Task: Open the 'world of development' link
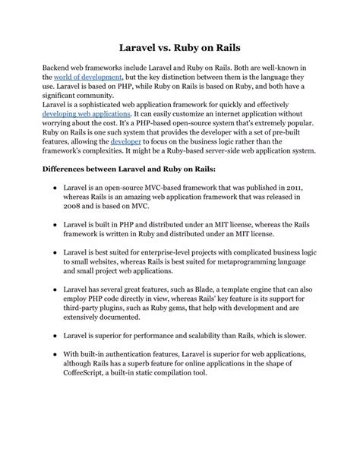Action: click(x=88, y=77)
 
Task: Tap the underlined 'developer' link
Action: click(x=125, y=141)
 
